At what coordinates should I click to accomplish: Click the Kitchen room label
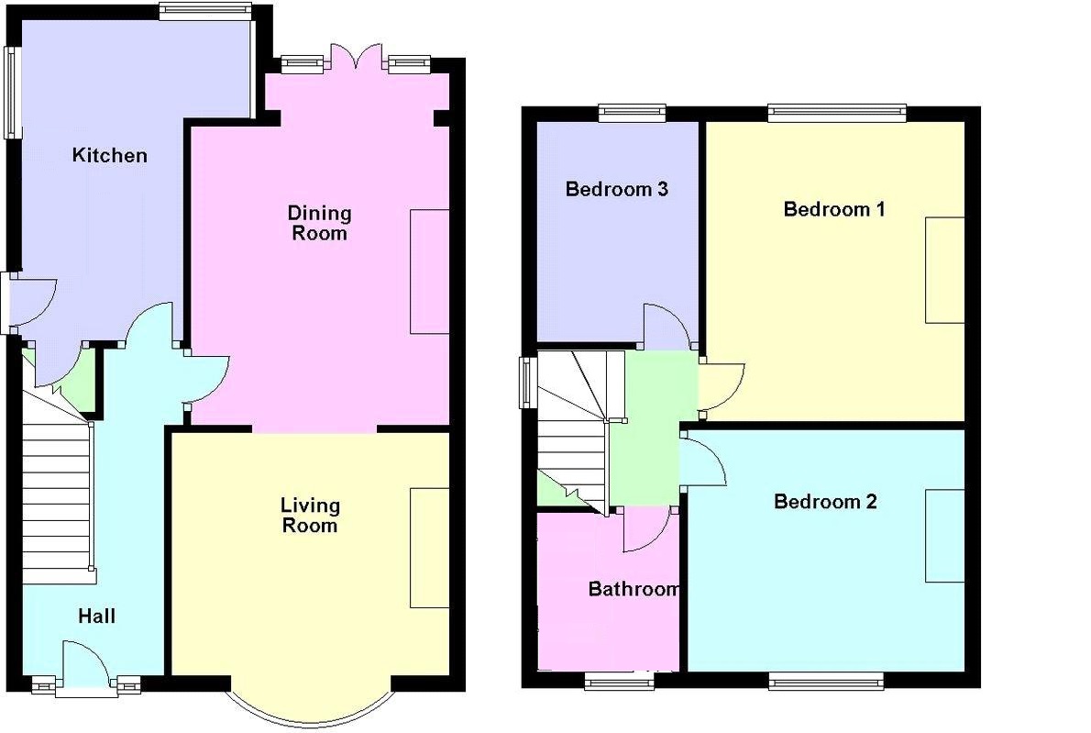(x=109, y=155)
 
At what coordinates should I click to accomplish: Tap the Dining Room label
(x=319, y=223)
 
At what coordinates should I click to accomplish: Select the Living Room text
(x=310, y=515)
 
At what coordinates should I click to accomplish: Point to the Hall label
(x=96, y=616)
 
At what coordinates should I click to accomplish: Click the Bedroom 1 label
(x=833, y=209)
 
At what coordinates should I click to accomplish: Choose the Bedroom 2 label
(x=825, y=501)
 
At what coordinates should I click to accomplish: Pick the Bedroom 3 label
(x=616, y=190)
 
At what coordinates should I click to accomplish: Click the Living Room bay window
(x=312, y=708)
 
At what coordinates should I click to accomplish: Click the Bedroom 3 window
(x=633, y=113)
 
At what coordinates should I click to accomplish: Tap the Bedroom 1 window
(x=836, y=113)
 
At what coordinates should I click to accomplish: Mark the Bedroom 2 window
(x=825, y=680)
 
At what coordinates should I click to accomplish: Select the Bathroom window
(x=620, y=680)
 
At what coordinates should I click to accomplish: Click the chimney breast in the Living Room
(x=429, y=547)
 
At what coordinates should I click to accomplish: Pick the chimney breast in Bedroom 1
(x=944, y=270)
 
